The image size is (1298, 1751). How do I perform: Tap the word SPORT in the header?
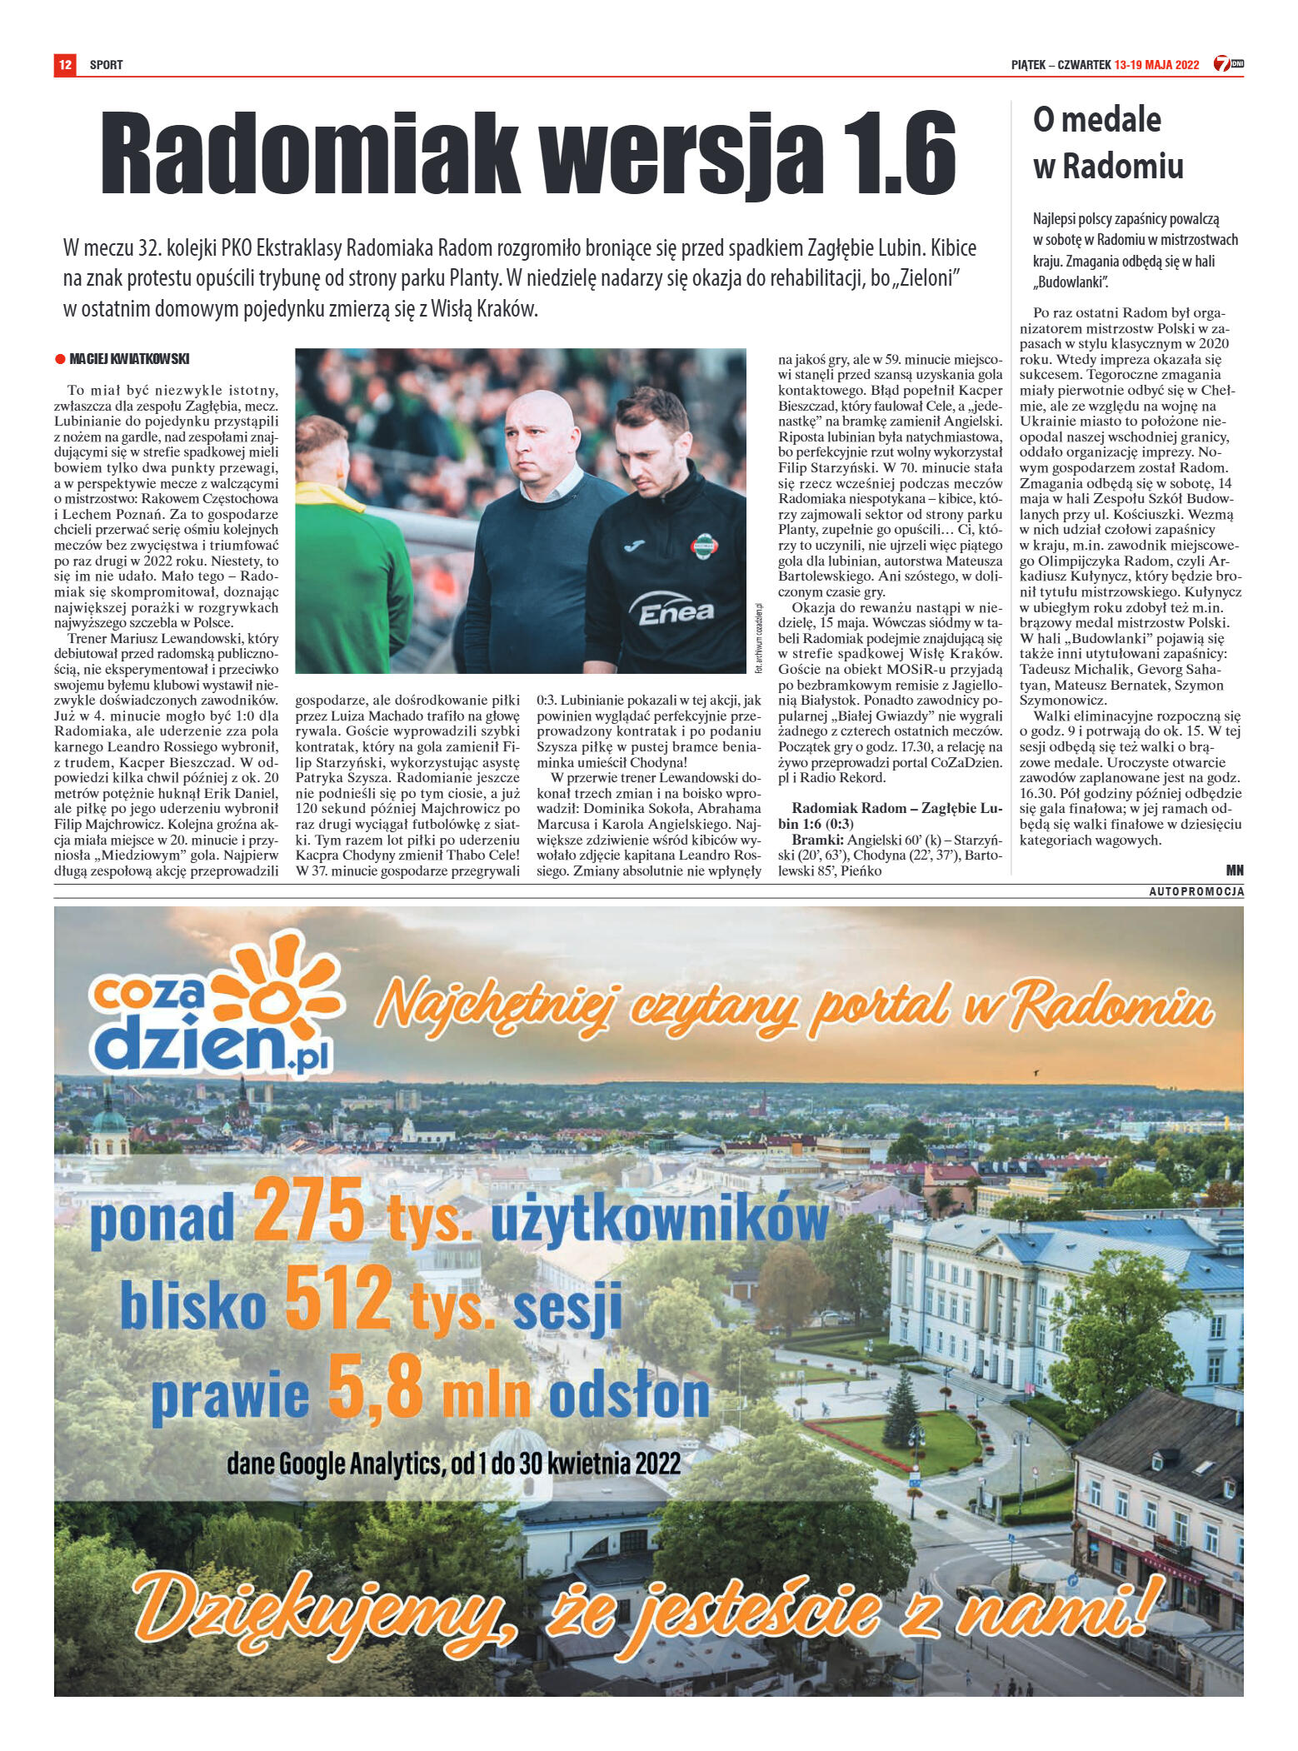tap(107, 64)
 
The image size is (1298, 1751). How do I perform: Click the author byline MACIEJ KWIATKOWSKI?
tap(129, 359)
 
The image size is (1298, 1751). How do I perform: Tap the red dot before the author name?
tap(59, 359)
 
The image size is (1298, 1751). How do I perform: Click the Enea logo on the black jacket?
tap(675, 612)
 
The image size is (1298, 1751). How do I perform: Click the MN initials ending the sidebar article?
tap(1234, 871)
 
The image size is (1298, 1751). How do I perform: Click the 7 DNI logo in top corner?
tap(1228, 63)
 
